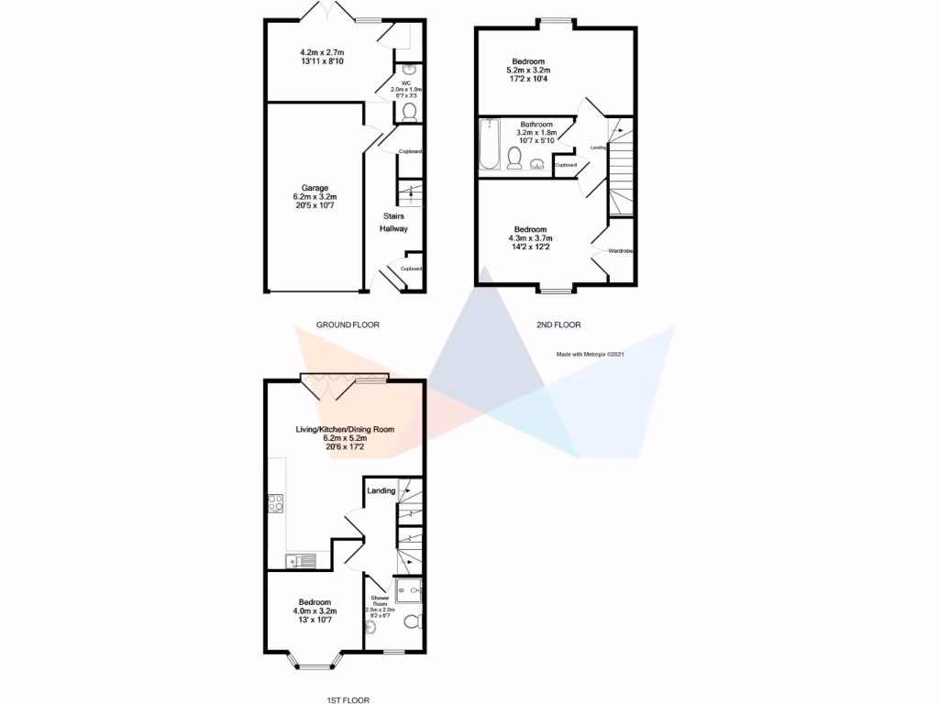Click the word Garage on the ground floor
[315, 188]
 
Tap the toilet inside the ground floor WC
[409, 112]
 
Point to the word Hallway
[393, 228]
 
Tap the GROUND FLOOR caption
[348, 324]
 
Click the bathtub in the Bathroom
[487, 145]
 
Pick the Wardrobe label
[622, 250]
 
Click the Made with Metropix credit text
[590, 354]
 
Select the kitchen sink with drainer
[299, 561]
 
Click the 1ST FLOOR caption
[347, 699]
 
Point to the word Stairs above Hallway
[393, 216]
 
